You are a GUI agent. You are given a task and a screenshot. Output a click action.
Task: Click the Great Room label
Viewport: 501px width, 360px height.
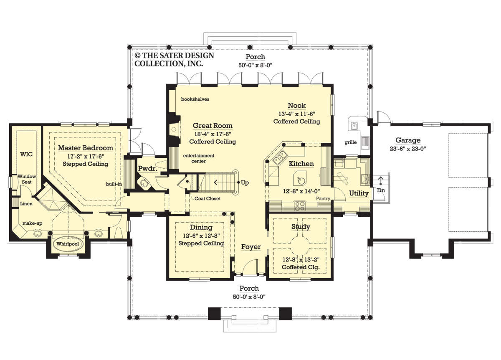pos(213,126)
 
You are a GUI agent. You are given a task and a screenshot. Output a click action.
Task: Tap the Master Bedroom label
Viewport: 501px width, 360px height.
pos(86,148)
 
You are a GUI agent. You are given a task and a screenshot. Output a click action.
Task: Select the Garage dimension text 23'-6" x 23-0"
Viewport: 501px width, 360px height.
pos(408,149)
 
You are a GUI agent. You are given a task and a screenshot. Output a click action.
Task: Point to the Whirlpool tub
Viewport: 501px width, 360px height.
pos(68,244)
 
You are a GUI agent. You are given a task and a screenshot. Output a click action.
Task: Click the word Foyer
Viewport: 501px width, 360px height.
pos(251,247)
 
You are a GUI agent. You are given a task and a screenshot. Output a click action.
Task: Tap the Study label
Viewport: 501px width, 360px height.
pos(301,227)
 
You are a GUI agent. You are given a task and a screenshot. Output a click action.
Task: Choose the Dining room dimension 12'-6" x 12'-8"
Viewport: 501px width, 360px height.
pos(201,236)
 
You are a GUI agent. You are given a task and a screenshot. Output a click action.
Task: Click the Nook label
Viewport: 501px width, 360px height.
pos(296,105)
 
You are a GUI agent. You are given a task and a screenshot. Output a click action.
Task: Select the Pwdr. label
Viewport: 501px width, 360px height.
pos(148,168)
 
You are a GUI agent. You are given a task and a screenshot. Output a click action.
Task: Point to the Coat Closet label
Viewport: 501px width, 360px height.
pos(207,198)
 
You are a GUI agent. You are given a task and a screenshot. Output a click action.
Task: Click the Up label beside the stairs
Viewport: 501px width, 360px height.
pos(245,183)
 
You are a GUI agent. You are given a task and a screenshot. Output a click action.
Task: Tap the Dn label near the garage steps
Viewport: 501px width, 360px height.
pos(381,190)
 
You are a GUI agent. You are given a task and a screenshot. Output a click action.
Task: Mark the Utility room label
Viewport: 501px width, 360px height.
pos(359,193)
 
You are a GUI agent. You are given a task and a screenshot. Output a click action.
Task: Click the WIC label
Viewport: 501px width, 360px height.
pos(26,154)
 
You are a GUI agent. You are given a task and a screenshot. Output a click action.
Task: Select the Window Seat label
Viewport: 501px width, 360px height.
pos(27,179)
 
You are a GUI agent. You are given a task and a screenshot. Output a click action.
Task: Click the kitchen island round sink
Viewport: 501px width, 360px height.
pos(300,179)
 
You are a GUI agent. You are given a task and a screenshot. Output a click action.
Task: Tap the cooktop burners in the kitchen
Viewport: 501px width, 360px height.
pos(299,206)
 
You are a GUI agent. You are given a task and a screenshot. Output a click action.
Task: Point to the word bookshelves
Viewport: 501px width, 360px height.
pos(195,99)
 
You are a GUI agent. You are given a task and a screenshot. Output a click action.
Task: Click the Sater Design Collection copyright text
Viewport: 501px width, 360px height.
pos(175,60)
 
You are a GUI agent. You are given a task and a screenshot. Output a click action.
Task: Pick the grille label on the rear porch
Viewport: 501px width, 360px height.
pos(350,142)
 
